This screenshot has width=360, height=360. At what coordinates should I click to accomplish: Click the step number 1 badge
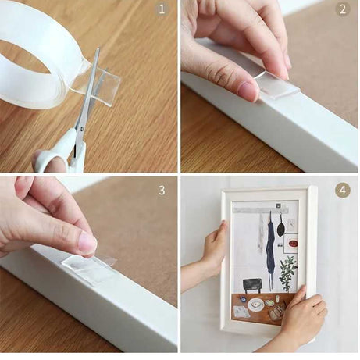[x=162, y=9]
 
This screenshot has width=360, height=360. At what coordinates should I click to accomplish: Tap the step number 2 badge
[x=343, y=9]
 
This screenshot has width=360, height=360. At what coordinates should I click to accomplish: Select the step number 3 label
[x=162, y=191]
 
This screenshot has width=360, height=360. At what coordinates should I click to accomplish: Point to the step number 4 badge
[x=343, y=191]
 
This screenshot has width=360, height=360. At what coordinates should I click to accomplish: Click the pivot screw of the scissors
[x=82, y=128]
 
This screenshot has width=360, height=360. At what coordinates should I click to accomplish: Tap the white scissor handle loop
[x=53, y=158]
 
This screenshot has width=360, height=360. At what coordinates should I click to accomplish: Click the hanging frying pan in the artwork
[x=281, y=226]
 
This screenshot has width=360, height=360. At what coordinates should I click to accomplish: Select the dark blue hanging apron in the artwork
[x=270, y=249]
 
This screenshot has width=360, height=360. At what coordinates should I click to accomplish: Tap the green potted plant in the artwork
[x=287, y=274]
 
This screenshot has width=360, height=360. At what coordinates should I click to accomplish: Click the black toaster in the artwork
[x=252, y=285]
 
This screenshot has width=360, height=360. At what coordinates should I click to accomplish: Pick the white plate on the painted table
[x=255, y=305]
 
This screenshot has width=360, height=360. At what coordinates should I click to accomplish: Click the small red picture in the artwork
[x=293, y=244]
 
